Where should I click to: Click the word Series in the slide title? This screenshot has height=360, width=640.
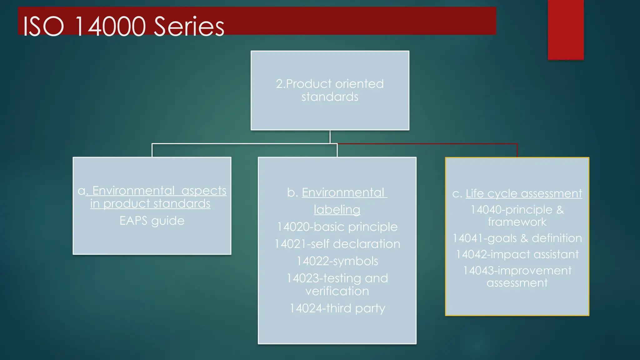coord(189,27)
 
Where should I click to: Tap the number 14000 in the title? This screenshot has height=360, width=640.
coord(110,27)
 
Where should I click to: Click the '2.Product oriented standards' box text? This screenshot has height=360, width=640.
coord(330,90)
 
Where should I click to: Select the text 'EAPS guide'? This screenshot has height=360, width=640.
coord(152,221)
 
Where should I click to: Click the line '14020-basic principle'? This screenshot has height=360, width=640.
coord(337,227)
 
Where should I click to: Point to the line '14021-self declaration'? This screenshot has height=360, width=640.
coord(337,244)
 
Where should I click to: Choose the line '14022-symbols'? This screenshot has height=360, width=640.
coord(337,261)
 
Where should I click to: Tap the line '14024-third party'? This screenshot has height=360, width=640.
coord(337,308)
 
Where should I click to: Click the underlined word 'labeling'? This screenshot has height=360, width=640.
coord(337,210)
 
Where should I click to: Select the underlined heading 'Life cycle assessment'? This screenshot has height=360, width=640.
coord(524,193)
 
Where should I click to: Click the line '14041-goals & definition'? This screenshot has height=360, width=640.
coord(517,238)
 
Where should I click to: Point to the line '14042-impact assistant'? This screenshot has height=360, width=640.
coord(517,254)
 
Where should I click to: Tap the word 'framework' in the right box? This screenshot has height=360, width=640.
coord(517,222)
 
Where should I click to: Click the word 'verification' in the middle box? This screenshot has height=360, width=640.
coord(337,291)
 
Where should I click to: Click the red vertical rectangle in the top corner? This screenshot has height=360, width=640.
coord(566,30)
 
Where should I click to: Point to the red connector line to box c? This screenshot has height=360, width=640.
coord(437,144)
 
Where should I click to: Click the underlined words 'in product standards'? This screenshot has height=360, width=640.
coord(150,204)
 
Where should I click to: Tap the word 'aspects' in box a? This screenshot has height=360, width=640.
coord(204,191)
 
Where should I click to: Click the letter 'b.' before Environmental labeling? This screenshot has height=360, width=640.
coord(292,193)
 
